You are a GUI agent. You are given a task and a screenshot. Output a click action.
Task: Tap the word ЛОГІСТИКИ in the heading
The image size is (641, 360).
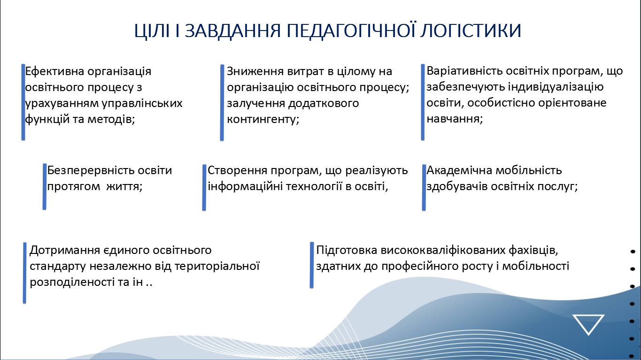click(x=471, y=31)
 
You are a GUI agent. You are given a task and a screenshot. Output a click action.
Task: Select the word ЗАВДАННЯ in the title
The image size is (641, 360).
click(x=232, y=31)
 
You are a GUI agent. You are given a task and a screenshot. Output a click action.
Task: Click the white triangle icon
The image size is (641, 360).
click(x=588, y=324)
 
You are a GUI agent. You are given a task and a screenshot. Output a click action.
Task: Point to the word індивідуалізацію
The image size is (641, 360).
click(x=556, y=87)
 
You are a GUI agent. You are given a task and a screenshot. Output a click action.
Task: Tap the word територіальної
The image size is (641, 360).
click(x=216, y=266)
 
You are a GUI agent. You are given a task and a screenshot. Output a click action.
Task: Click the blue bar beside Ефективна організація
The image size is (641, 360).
click(x=23, y=102)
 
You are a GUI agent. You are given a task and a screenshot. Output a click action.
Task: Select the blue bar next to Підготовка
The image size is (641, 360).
click(x=312, y=265)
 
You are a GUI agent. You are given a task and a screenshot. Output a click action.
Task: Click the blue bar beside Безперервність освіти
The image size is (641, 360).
click(x=44, y=187)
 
